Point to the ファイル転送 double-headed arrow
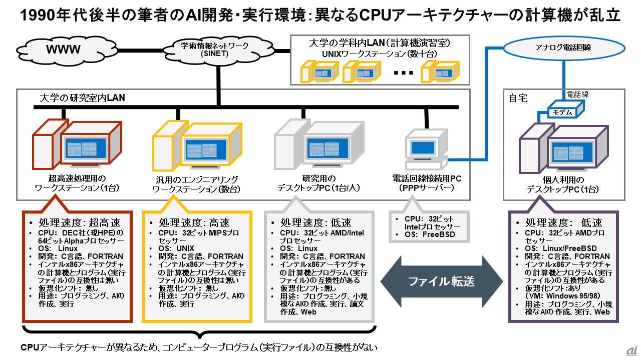tap(442, 281)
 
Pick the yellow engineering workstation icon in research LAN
tap(197, 145)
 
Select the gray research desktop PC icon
tap(318, 144)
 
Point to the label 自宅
tap(518, 98)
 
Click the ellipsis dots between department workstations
tap(404, 73)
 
